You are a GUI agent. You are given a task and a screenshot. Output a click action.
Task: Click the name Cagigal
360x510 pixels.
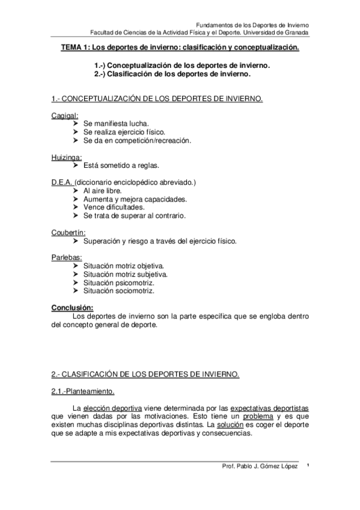(65, 114)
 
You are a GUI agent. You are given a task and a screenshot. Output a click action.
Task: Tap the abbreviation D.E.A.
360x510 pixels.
(62, 182)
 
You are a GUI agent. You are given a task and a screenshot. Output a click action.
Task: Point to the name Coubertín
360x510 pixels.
(69, 232)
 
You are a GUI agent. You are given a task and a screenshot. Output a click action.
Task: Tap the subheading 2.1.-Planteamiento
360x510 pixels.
(83, 392)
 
